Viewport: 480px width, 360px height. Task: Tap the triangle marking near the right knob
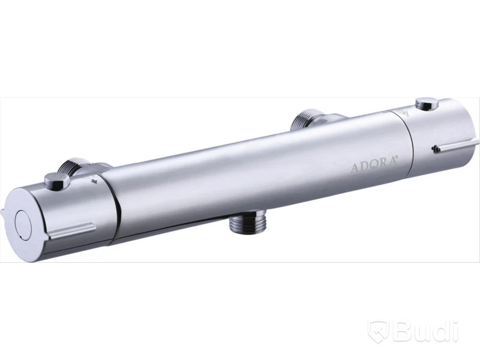[404, 113]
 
